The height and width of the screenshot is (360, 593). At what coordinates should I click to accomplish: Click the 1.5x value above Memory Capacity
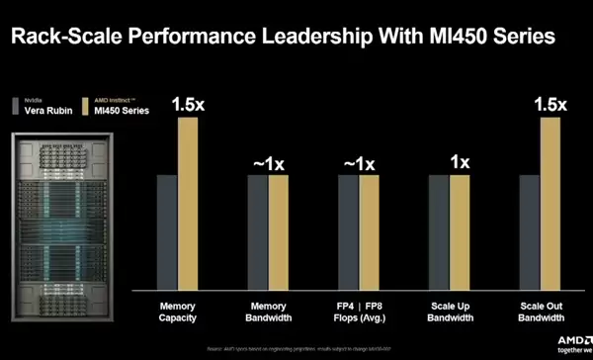click(189, 104)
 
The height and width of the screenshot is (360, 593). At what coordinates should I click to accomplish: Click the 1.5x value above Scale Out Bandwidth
click(551, 104)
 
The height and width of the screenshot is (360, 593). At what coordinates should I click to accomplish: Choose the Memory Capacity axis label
click(178, 312)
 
